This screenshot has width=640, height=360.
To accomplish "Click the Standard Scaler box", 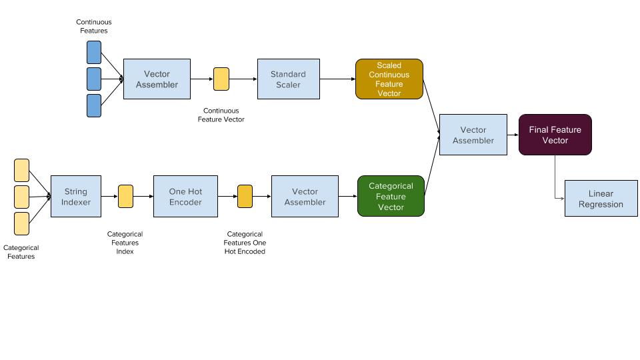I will click(288, 79).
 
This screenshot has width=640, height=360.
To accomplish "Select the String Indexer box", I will click(76, 196).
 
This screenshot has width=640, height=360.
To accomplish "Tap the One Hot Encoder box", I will click(185, 196).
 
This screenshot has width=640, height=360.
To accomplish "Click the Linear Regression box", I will click(601, 198).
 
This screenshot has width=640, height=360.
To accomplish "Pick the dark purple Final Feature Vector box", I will click(555, 135).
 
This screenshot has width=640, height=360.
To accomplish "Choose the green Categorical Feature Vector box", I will click(391, 196).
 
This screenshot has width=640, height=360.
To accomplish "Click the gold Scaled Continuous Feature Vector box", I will click(389, 79).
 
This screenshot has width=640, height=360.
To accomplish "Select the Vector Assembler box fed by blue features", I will click(157, 79).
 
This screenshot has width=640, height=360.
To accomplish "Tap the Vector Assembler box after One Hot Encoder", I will click(305, 196).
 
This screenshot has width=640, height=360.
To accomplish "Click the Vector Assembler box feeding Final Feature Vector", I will click(473, 135).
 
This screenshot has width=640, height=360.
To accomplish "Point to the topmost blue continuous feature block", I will click(94, 52).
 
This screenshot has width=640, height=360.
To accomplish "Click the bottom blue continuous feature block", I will click(94, 105).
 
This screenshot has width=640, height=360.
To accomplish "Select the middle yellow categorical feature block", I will click(21, 197).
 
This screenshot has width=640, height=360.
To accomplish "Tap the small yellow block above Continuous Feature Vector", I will click(221, 79).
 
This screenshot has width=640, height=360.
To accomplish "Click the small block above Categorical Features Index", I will click(125, 196).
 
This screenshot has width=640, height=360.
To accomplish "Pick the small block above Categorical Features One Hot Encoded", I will click(245, 196).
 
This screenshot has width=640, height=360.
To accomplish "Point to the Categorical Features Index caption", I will click(125, 243).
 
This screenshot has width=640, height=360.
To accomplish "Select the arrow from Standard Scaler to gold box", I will click(337, 79).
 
